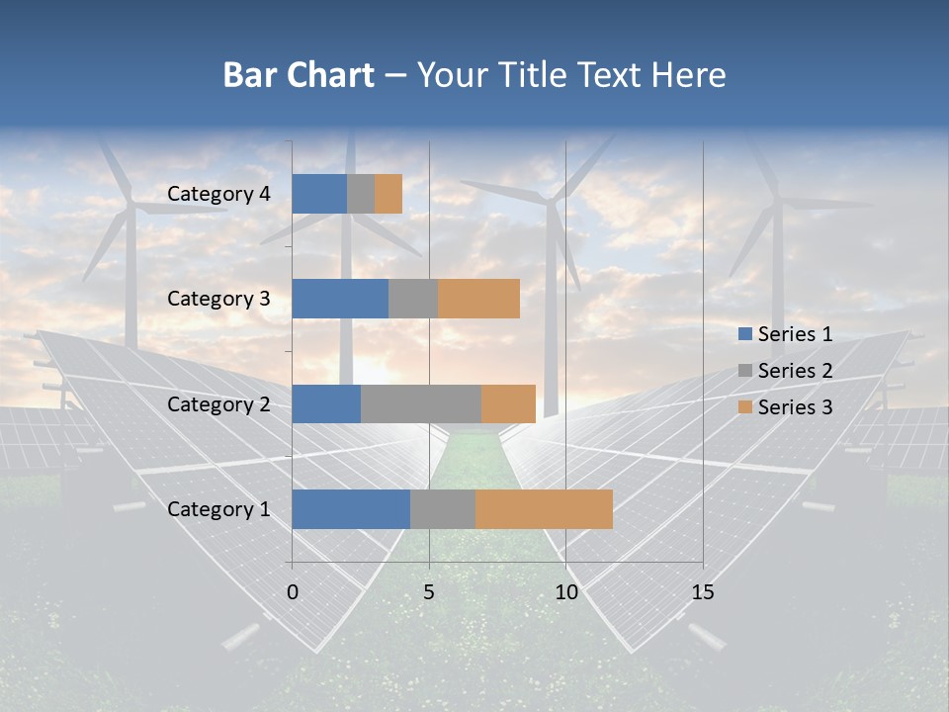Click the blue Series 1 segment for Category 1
[351, 509]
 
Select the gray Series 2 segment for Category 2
[421, 403]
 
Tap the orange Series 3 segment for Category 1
[544, 509]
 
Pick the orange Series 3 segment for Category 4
[388, 194]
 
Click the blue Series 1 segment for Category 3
[340, 299]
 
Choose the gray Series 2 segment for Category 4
[361, 194]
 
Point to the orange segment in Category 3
[478, 299]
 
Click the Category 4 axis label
[218, 194]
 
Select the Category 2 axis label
[218, 403]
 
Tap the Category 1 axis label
[218, 509]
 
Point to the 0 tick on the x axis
[293, 592]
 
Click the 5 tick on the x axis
[429, 592]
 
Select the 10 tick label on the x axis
[565, 592]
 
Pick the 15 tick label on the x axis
[703, 592]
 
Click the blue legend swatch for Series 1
[744, 334]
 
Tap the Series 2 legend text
[795, 371]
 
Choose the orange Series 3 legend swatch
[744, 407]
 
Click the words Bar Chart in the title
[299, 75]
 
